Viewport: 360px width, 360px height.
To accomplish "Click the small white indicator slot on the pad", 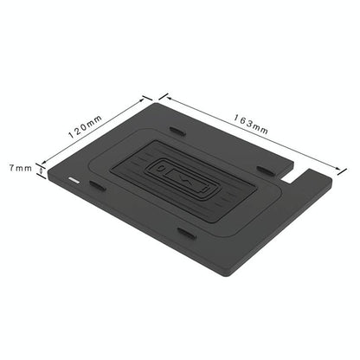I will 73,181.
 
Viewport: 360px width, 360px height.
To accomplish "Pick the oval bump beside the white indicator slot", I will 97,186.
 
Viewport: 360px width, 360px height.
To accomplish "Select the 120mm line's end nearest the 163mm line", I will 151,98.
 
